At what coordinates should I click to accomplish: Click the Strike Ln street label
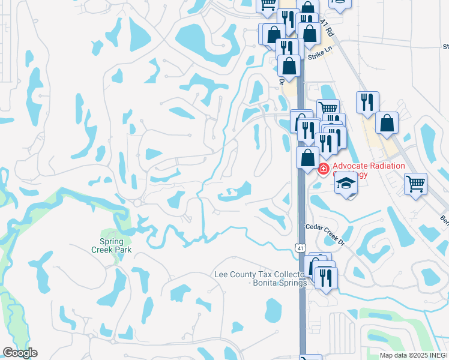pos(319,54)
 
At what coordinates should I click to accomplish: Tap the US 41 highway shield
pos(299,247)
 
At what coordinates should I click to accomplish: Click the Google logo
pos(20,353)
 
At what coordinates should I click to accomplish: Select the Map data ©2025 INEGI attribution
pos(414,355)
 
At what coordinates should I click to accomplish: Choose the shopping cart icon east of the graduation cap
pos(415,184)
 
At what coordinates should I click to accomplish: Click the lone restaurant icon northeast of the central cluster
pos(367,102)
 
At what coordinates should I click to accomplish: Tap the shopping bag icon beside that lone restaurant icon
pos(387,123)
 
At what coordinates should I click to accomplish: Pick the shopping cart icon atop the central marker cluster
pos(328,109)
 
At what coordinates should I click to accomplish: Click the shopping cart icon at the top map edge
pos(267,5)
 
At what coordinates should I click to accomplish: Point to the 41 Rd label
pos(326,29)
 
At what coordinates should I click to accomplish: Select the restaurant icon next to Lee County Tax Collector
pos(326,277)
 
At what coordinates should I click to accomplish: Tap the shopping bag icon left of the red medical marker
pos(308,158)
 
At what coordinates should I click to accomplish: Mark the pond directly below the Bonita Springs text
pos(273,310)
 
